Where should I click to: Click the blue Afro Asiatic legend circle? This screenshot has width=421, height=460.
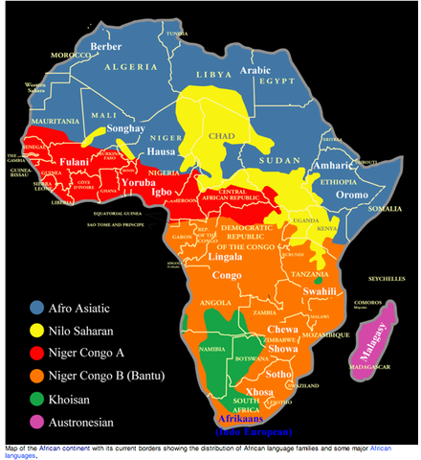[35, 308]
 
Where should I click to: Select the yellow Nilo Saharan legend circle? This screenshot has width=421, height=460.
[35, 332]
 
